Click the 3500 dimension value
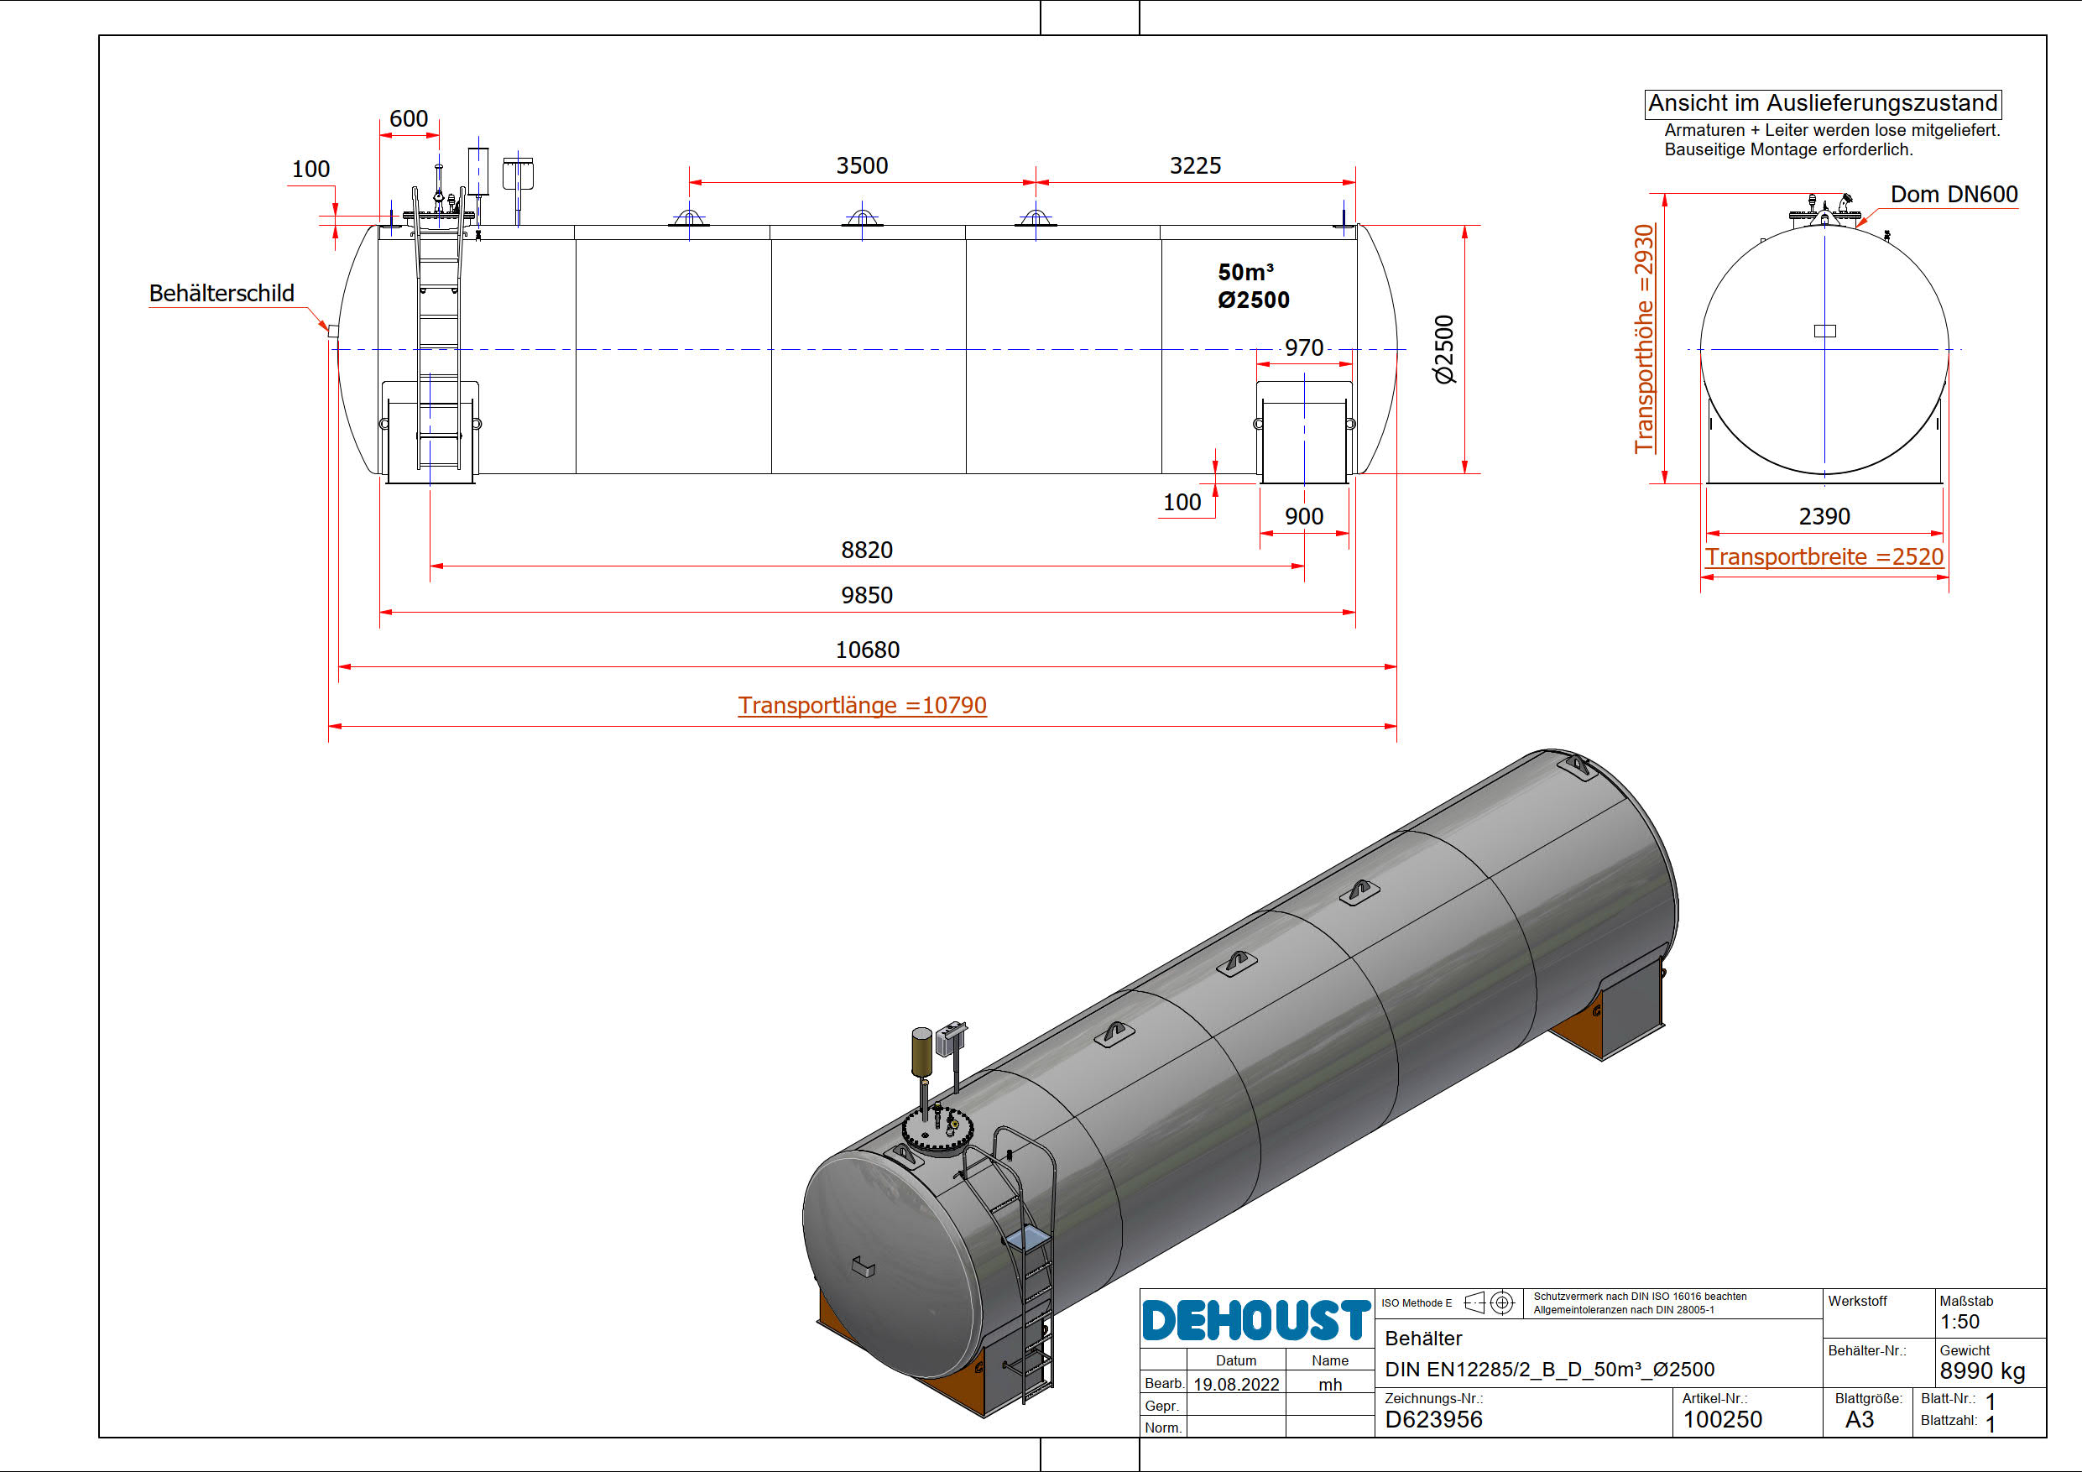862,165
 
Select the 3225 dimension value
1195,165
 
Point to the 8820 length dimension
867,550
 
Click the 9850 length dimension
867,595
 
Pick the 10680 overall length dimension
867,650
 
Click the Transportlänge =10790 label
862,705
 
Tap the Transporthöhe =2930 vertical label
1644,338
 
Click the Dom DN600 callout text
1954,194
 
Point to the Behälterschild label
222,293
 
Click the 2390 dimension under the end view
1824,516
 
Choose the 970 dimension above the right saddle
1304,347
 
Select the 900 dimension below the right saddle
1304,516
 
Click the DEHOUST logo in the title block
1257,1319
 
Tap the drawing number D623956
1433,1419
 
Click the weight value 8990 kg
1982,1370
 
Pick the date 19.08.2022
1236,1384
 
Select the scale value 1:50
1959,1322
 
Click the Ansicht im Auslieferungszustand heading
1824,103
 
